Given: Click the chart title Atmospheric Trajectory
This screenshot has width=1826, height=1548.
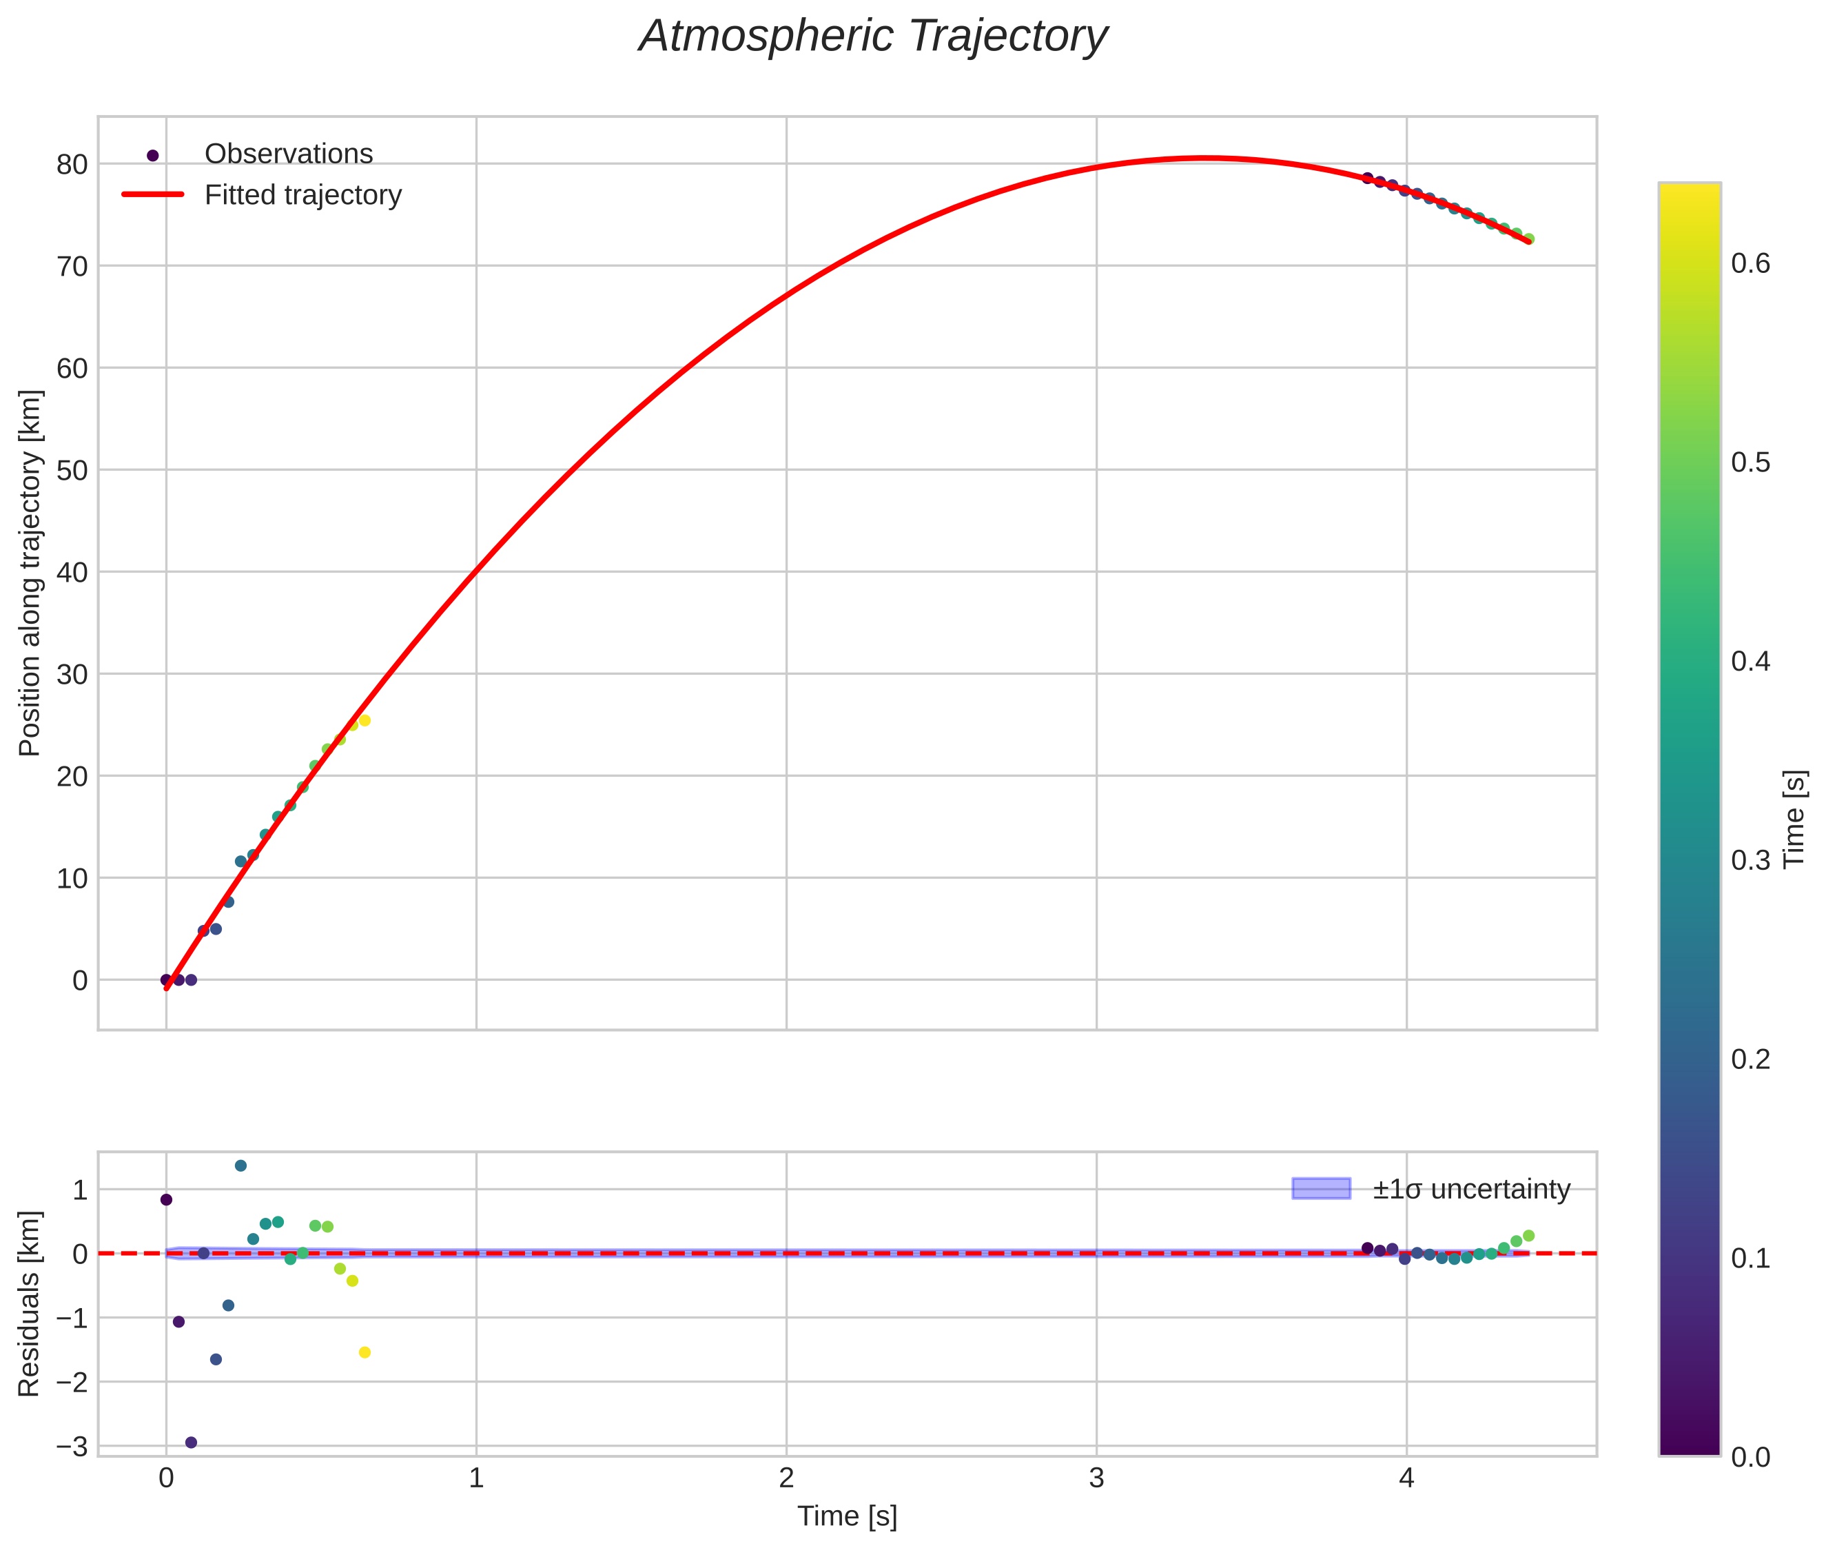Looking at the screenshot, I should [x=872, y=37].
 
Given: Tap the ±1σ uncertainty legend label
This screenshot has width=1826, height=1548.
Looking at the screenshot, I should [x=1470, y=1189].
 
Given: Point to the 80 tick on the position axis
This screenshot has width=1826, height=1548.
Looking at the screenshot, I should [x=72, y=164].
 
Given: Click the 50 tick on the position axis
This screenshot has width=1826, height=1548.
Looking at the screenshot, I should [x=72, y=470].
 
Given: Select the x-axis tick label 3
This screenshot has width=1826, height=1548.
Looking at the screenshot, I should [x=1096, y=1478].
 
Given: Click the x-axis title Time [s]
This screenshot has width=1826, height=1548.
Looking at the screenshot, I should [x=847, y=1516].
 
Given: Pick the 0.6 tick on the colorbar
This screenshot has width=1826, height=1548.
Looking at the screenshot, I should [x=1750, y=263].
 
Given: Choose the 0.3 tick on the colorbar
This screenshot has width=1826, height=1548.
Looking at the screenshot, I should [x=1750, y=860].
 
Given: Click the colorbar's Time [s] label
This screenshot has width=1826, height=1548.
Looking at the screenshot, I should [x=1795, y=818].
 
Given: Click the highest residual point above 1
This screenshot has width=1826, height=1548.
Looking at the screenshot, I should [x=240, y=1165].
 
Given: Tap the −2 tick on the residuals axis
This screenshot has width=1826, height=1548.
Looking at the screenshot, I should [x=72, y=1382].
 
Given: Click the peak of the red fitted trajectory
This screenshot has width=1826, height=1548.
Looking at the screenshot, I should [x=1207, y=158].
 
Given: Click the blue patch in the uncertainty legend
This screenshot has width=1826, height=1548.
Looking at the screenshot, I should [x=1321, y=1188].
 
